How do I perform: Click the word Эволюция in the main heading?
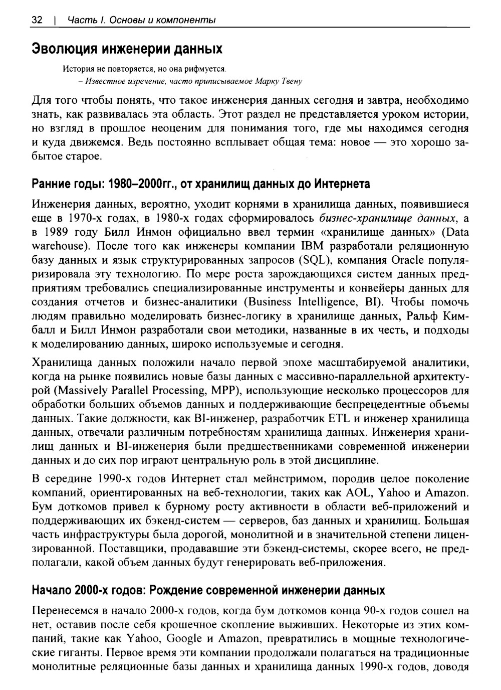pyautogui.click(x=64, y=49)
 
